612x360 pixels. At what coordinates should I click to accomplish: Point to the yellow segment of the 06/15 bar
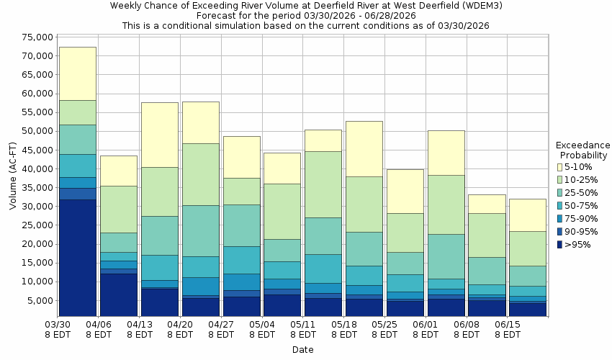(528, 215)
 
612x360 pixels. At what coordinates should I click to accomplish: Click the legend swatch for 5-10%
(560, 167)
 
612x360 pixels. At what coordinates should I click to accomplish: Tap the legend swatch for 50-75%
(560, 206)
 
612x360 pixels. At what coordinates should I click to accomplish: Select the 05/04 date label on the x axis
(262, 330)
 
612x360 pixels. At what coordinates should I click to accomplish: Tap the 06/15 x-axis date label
(508, 330)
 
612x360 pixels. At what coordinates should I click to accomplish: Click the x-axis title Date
(302, 350)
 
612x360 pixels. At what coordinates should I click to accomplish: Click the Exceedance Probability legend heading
(583, 150)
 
